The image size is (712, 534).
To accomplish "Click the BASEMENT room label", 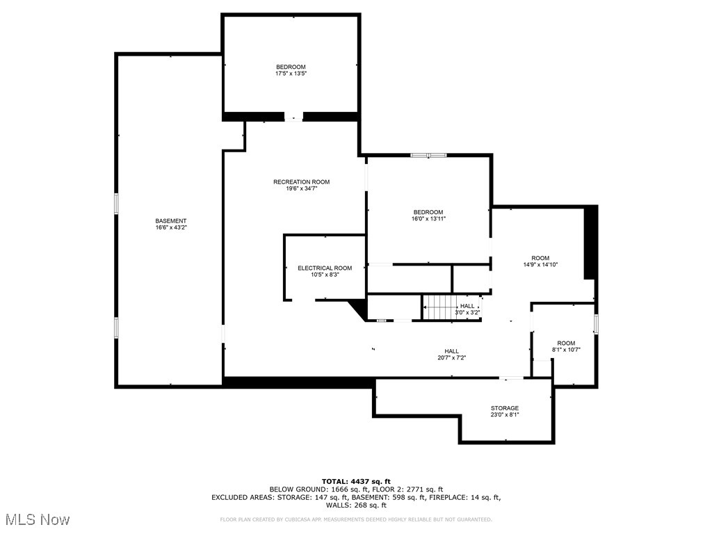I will pyautogui.click(x=170, y=221).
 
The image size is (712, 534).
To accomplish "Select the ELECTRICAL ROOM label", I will pyautogui.click(x=325, y=268).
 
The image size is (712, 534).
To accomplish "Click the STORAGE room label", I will pyautogui.click(x=504, y=408).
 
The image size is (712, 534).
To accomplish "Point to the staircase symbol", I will pyautogui.click(x=437, y=307).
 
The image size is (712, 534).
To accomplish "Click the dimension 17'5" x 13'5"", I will pyautogui.click(x=291, y=73).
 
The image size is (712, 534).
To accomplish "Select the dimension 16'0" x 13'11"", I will pyautogui.click(x=428, y=218).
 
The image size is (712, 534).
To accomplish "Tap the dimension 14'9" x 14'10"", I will pyautogui.click(x=540, y=264).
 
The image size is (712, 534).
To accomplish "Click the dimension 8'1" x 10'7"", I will pyautogui.click(x=566, y=350).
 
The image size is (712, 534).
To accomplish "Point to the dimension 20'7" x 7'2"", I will pyautogui.click(x=451, y=358).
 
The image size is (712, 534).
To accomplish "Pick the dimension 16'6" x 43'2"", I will pyautogui.click(x=170, y=227).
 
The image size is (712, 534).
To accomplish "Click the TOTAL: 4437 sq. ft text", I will pyautogui.click(x=356, y=481).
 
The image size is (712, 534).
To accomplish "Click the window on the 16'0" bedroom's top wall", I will pyautogui.click(x=428, y=155).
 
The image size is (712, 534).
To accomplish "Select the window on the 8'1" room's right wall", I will pyautogui.click(x=596, y=323).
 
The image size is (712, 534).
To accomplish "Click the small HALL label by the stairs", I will pyautogui.click(x=467, y=306).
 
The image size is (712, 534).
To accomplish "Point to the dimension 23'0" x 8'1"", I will pyautogui.click(x=504, y=415).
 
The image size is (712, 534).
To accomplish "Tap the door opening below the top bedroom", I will pyautogui.click(x=293, y=117).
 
